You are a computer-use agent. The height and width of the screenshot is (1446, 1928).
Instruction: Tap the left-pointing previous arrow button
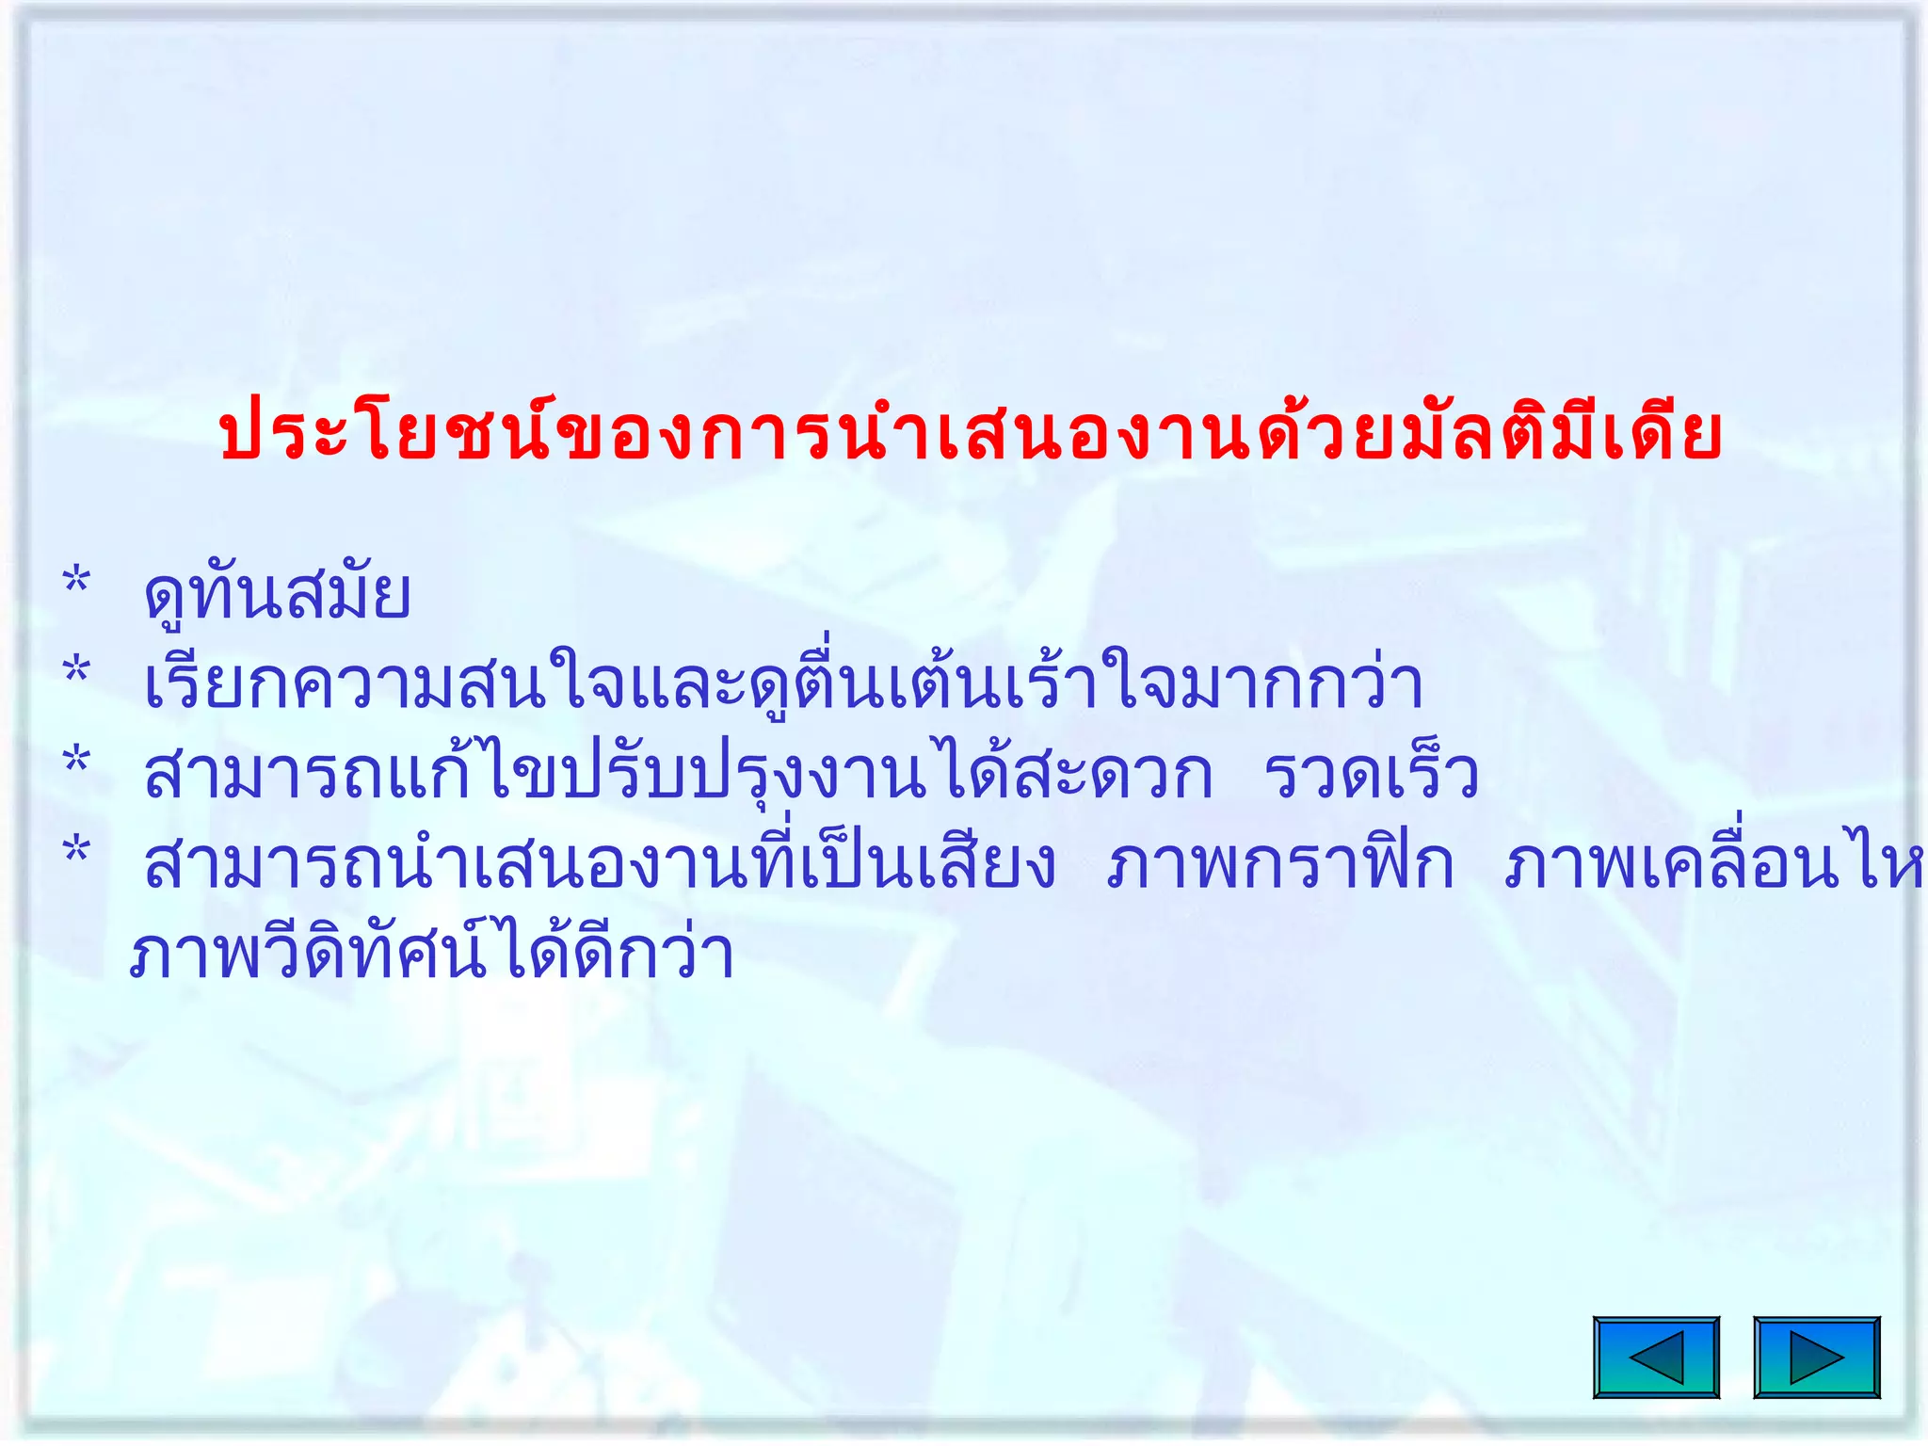tap(1656, 1357)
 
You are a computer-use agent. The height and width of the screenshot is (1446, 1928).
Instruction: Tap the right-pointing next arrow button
tap(1816, 1357)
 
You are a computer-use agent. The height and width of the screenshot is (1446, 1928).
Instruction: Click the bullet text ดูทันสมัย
tap(277, 595)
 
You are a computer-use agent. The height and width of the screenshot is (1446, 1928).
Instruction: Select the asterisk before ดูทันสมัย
tap(76, 582)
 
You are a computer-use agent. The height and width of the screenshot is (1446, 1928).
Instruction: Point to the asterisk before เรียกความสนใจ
tap(76, 672)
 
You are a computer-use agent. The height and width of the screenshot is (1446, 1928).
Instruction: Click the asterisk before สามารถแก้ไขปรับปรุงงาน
tap(76, 762)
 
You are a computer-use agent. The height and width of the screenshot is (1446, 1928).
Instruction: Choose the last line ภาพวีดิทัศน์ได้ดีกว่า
tap(431, 955)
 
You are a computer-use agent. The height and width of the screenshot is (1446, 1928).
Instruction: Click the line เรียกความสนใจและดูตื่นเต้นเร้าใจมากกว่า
tap(783, 684)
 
